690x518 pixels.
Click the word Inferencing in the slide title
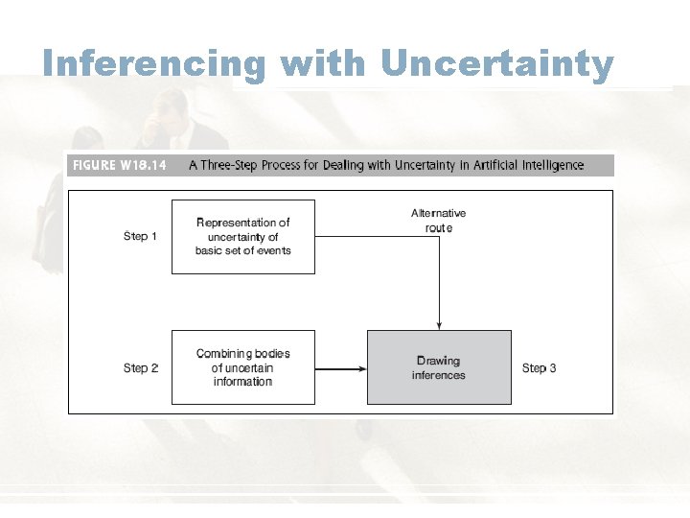153,64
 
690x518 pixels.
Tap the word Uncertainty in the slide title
496,64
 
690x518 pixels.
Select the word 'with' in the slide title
323,64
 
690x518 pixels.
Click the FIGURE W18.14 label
119,165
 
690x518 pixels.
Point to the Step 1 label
141,236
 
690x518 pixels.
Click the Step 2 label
141,368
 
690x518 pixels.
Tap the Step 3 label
540,368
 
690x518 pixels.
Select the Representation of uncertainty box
243,237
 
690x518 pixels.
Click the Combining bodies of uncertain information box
243,367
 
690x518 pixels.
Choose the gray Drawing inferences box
439,367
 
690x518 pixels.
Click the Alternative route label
439,220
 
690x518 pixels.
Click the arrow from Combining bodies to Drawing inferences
340,368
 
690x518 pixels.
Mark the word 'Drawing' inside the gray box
439,362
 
